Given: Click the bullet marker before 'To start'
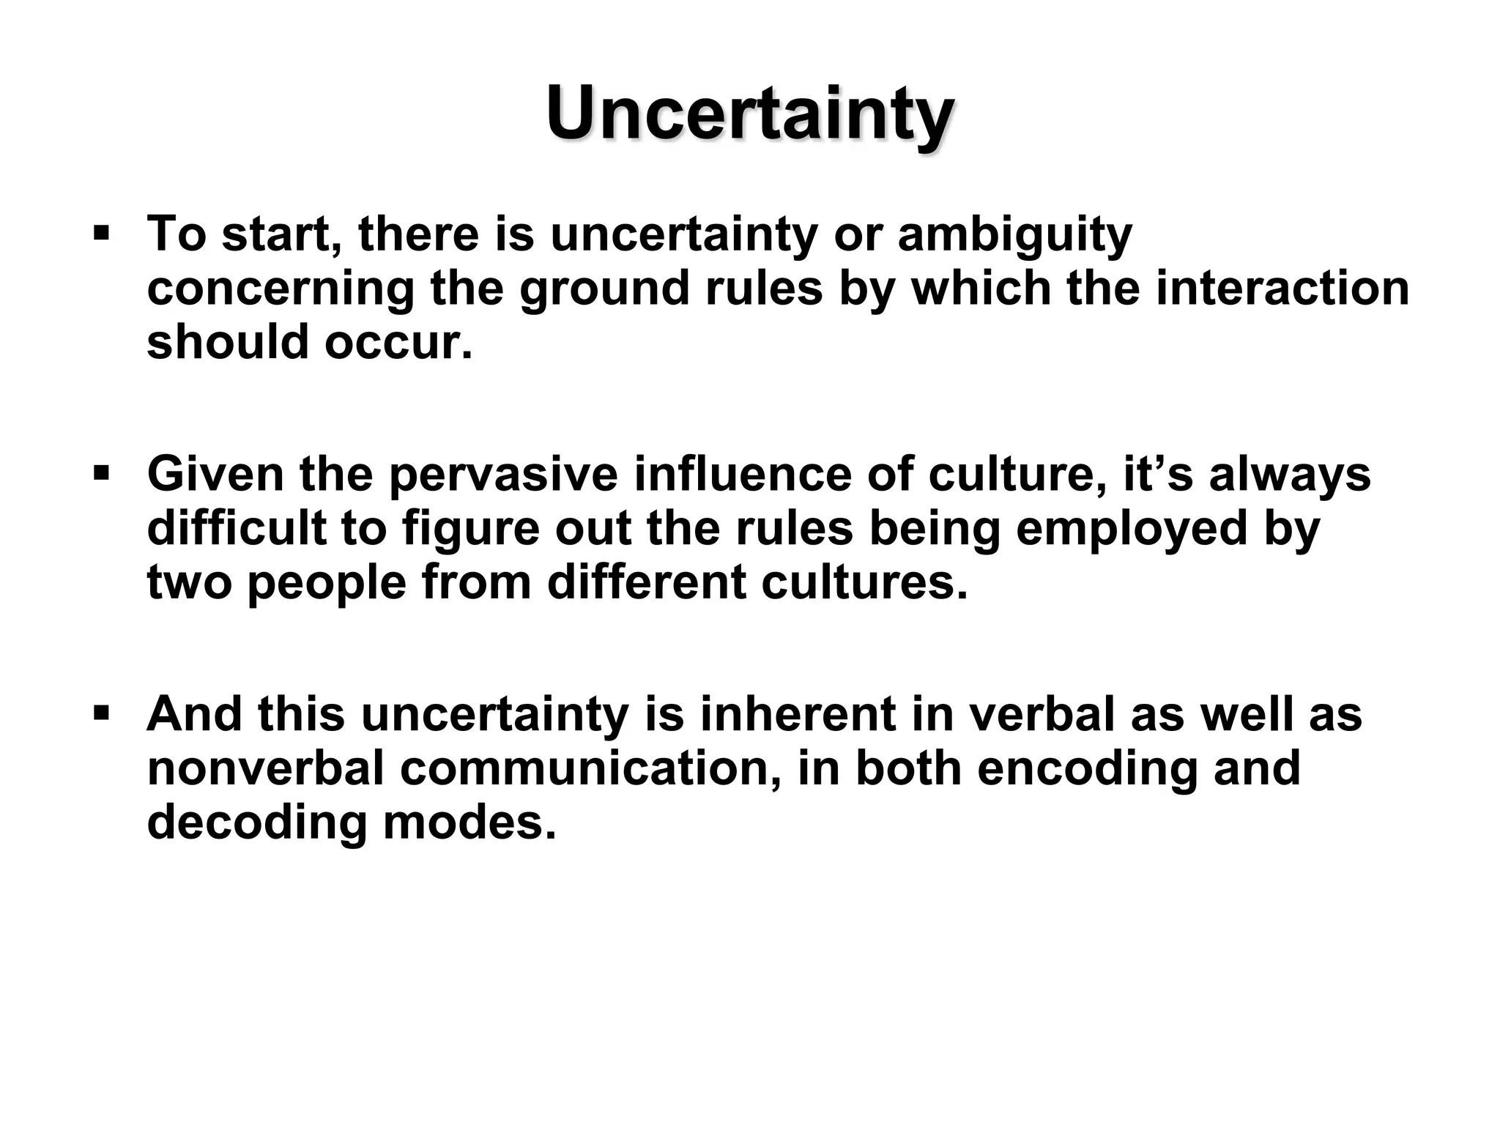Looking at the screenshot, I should coord(101,235).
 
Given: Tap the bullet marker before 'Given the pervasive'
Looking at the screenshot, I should coord(101,475).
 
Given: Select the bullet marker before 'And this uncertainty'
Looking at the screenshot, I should coord(101,713).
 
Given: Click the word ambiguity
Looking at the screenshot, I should coord(1014,236).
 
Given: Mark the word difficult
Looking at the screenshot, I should coord(237,528).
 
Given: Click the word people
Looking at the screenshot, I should coord(327,582).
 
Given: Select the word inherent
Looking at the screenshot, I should coord(798,714).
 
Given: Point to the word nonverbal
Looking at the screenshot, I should coord(265,768).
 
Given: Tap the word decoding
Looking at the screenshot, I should coord(256,822).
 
